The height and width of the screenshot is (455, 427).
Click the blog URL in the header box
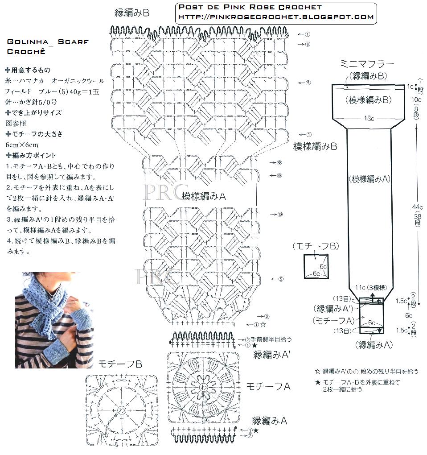coord(275,17)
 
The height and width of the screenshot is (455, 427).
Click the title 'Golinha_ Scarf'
coord(48,41)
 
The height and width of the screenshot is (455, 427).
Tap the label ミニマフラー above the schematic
coord(368,63)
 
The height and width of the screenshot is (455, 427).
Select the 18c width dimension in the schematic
coord(368,118)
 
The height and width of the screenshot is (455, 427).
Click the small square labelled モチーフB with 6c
coord(316,266)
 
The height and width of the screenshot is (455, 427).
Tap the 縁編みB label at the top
coord(132,13)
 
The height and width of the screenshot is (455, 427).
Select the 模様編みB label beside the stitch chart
coord(315,146)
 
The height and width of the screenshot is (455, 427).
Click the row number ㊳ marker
coord(279,163)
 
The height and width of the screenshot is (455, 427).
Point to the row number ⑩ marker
coord(279,214)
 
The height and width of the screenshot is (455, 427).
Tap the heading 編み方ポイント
coord(34,155)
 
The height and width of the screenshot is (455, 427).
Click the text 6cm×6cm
coord(22,145)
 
